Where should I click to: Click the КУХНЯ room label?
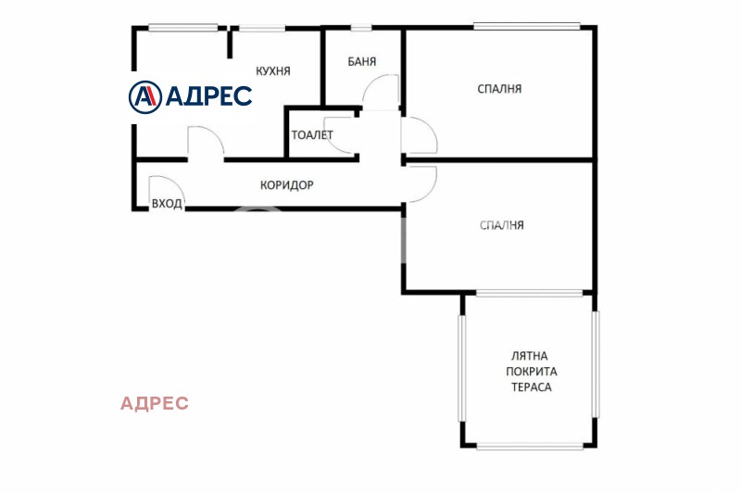pos(272,71)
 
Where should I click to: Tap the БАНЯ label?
pos(361,61)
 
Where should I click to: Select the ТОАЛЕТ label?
pos(312,135)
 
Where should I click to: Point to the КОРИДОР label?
pos(287,184)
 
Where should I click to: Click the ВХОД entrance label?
pos(167,204)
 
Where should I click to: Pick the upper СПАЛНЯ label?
pos(499,89)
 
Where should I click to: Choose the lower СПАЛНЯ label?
pos(501,225)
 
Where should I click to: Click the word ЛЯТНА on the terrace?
pos(529,356)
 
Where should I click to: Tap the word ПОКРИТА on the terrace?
pos(531,372)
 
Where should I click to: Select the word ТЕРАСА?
pos(531,387)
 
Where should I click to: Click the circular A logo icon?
pos(145,97)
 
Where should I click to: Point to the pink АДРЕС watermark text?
pos(155,403)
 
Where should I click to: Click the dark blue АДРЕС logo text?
pos(209,96)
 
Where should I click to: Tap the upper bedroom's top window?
pos(527,27)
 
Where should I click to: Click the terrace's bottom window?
pos(530,445)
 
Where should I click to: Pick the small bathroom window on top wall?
pos(361,28)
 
